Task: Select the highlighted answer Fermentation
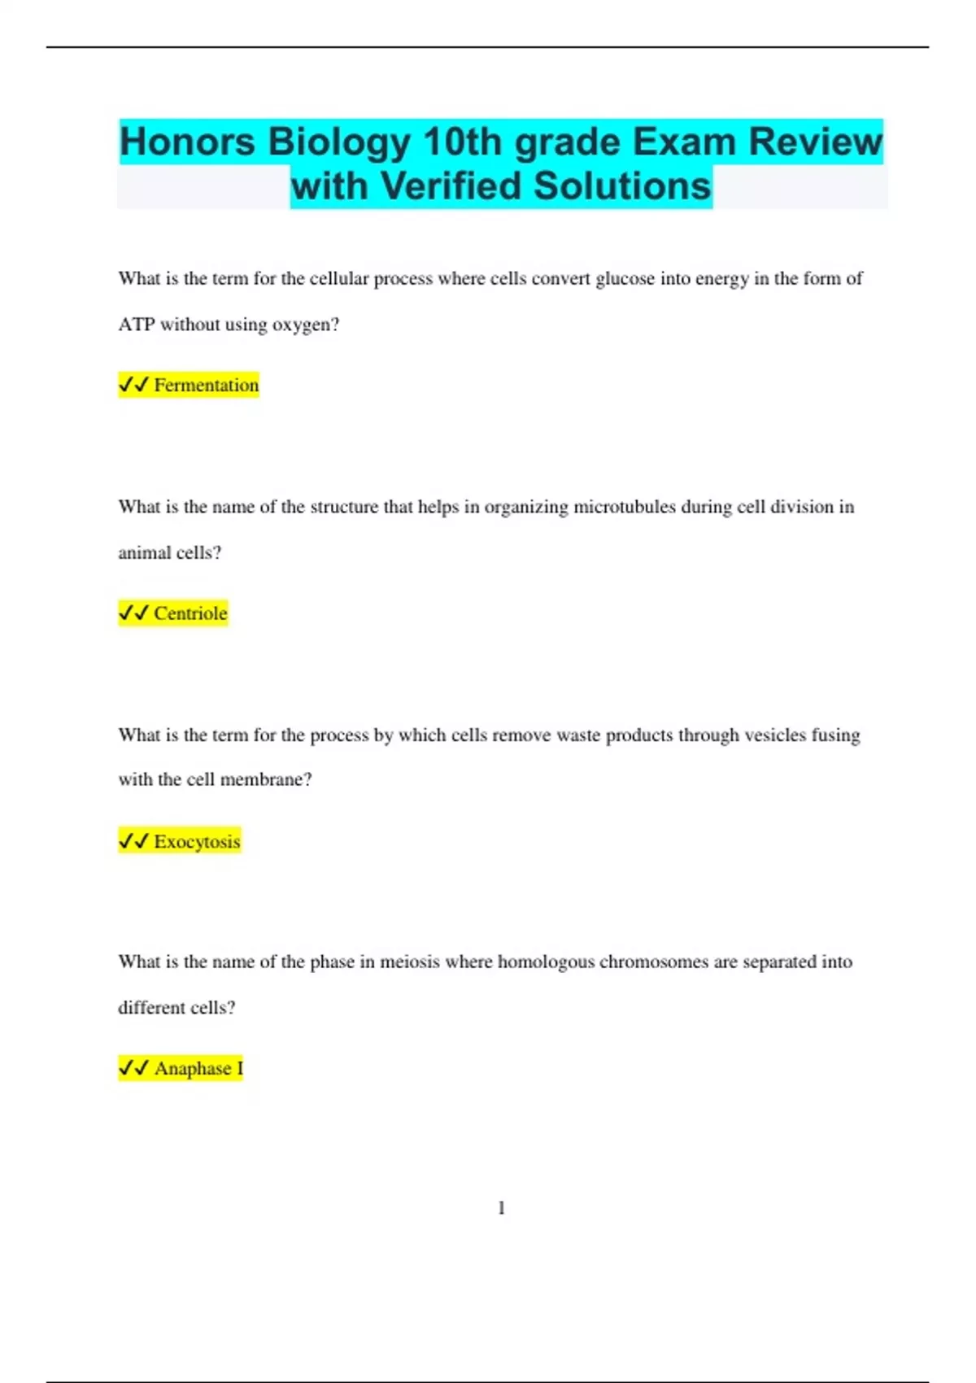pyautogui.click(x=207, y=385)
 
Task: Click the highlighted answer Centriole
pyautogui.click(x=190, y=613)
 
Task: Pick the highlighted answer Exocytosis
pyautogui.click(x=197, y=841)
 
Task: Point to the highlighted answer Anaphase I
pyautogui.click(x=198, y=1068)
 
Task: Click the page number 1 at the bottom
pyautogui.click(x=501, y=1208)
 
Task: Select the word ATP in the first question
pyautogui.click(x=136, y=325)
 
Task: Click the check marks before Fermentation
pyautogui.click(x=133, y=385)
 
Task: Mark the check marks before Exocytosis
pyautogui.click(x=133, y=841)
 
